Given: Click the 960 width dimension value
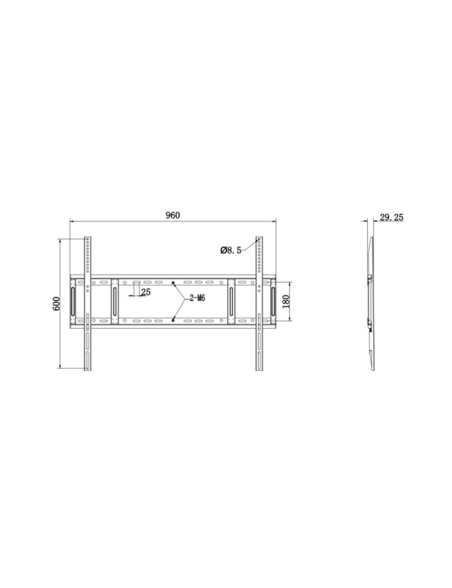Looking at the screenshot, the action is click(x=173, y=215).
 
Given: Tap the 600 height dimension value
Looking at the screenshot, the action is click(x=56, y=304).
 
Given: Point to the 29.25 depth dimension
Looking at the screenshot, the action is click(x=392, y=217).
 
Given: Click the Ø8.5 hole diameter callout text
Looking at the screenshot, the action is click(x=231, y=250).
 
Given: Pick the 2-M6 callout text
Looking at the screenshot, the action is click(x=197, y=298).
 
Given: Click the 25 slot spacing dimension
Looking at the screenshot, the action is click(x=146, y=292).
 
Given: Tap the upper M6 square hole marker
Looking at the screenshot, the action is click(x=173, y=282).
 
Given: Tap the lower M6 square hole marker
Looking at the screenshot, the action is click(x=173, y=320).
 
